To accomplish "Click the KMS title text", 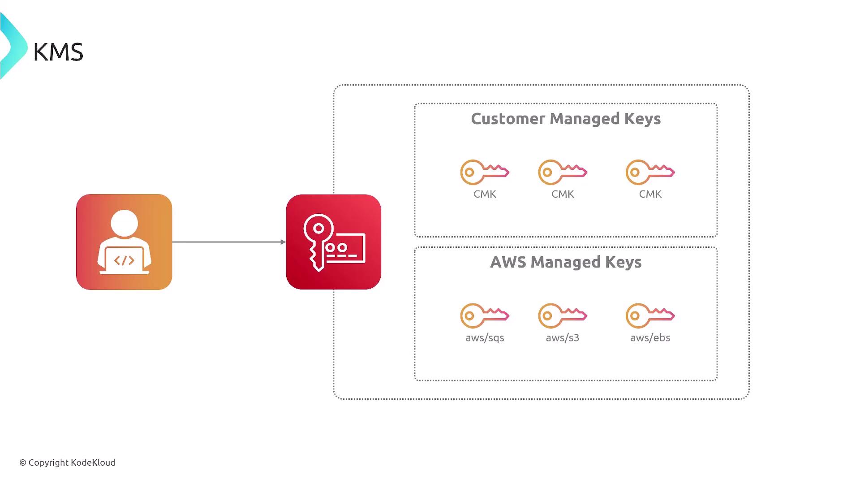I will click(58, 52).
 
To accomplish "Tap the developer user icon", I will click(124, 242).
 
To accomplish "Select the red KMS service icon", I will click(334, 242).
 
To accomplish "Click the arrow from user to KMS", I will click(228, 242).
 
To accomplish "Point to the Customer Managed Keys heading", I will click(566, 119).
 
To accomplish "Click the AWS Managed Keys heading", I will click(566, 262).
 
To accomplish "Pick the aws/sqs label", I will click(485, 338).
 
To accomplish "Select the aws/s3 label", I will click(563, 338).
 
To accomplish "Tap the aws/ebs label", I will click(650, 338).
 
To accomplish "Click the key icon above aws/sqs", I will click(485, 316).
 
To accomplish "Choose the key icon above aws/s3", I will click(563, 316).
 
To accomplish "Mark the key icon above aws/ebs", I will click(650, 316).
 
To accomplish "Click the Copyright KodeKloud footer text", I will click(67, 462).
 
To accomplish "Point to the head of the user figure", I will click(124, 224).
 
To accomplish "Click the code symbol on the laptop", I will click(124, 260).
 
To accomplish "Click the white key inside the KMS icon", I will click(318, 240).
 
